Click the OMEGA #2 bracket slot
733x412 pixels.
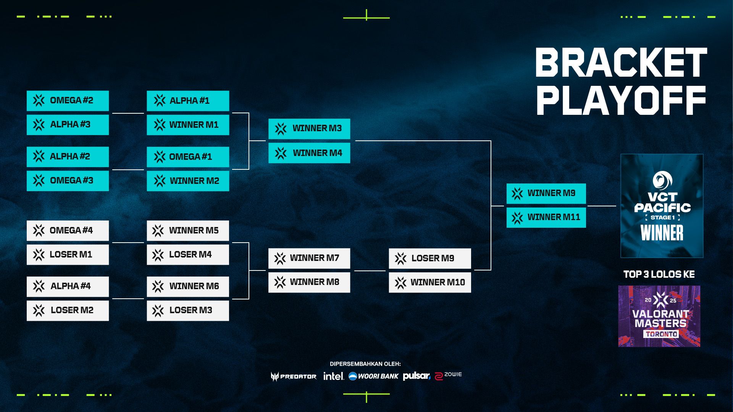point(68,101)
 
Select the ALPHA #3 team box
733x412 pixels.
point(68,125)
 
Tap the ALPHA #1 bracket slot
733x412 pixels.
point(188,101)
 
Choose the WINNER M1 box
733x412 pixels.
point(188,125)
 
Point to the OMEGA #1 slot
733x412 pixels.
point(188,157)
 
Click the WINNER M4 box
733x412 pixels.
point(309,153)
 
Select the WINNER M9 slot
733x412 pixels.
point(546,193)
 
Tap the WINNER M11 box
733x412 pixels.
point(546,217)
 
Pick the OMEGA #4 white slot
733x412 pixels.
point(68,230)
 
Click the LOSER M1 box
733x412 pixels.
point(68,255)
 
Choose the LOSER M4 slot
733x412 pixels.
point(188,255)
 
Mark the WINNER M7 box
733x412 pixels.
point(309,258)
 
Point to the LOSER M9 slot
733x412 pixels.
point(430,258)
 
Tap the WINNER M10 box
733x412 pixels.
point(430,282)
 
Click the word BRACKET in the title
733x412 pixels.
point(621,63)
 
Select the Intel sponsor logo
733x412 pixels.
point(334,376)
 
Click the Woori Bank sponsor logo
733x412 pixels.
point(373,376)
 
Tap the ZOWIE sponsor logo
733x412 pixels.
point(448,376)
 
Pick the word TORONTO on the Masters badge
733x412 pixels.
point(662,334)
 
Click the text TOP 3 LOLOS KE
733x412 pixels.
point(659,274)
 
